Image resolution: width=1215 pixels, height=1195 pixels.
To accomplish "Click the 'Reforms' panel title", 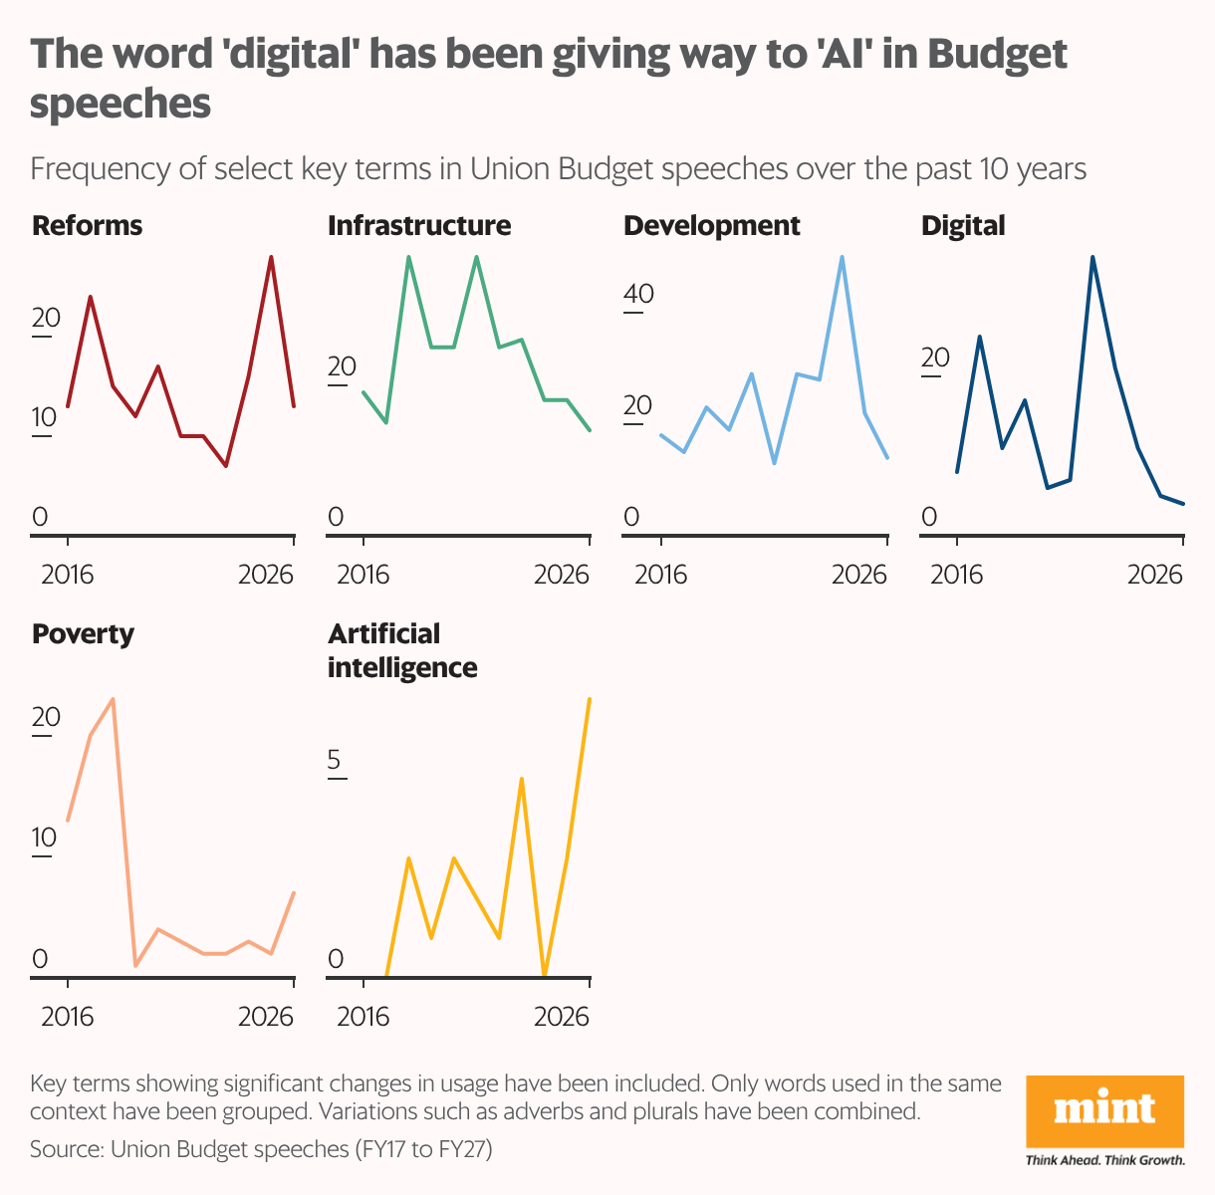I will coord(88,226).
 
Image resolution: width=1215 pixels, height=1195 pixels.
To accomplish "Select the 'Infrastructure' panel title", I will coord(419,226).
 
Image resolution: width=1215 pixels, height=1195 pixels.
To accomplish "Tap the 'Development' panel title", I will coord(711,226).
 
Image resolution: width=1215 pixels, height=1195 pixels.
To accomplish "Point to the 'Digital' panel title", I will coord(963,226).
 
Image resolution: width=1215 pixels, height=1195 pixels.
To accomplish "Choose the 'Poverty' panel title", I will coord(83,634).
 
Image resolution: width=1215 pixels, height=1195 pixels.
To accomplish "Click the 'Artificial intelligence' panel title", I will coord(402,650).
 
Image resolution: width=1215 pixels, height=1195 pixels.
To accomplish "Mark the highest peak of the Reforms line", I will coord(271,257).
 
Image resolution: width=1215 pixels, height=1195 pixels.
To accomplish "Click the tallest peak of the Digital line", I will coord(1093,257).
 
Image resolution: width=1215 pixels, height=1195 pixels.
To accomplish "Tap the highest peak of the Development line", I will coord(843,257).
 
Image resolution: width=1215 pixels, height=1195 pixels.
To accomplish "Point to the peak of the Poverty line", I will coord(113,698).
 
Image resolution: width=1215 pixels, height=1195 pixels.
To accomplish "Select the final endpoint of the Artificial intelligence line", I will coord(590,698).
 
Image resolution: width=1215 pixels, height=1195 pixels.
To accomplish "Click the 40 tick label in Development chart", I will coord(638,295).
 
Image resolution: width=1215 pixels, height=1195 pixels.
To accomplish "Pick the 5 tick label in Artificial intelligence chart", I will coord(335,762).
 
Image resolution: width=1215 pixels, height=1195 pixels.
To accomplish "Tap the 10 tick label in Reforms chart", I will coord(46,417).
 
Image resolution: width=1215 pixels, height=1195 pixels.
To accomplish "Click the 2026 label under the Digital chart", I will coord(1154,575).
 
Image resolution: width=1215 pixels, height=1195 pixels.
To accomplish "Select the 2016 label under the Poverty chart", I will coord(67,1017).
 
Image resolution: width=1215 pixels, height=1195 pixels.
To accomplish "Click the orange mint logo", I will coord(1104,1110).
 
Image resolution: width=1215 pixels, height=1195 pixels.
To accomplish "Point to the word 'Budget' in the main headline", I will coord(996,56).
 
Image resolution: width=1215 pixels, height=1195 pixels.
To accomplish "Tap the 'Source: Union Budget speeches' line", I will coord(261,1149).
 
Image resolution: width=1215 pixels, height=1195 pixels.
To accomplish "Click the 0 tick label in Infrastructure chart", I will coord(336,517).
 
